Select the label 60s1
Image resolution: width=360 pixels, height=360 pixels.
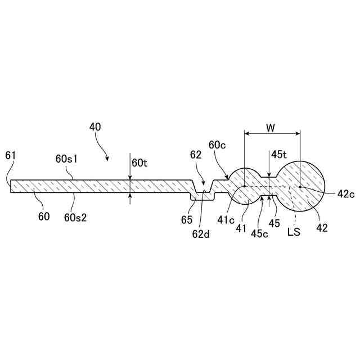(66, 159)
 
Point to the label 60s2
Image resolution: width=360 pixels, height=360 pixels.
(74, 217)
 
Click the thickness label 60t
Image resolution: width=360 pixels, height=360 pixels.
(139, 163)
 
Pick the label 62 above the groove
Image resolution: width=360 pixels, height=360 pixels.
(195, 155)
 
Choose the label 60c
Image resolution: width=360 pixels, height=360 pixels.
(217, 145)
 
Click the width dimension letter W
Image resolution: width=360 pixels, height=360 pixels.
(271, 128)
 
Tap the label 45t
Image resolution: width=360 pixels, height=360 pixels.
(279, 154)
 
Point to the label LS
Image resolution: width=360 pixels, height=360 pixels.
(294, 231)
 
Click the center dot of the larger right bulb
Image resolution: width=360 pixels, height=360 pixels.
(300, 186)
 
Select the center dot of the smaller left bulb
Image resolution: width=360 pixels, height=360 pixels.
(245, 186)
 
